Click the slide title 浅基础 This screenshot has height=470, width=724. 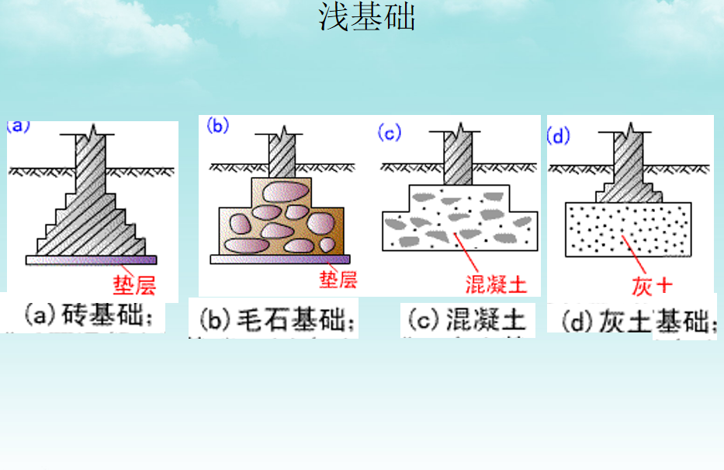click(366, 17)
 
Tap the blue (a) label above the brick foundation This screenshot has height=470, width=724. click(18, 126)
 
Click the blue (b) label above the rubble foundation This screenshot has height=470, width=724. click(218, 126)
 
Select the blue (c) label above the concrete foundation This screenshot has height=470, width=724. click(389, 133)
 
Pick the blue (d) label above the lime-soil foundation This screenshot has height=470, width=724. click(558, 136)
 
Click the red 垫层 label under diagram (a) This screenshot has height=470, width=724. click(134, 286)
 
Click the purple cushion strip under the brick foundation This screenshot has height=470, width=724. click(92, 259)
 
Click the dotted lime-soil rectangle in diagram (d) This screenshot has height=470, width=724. click(628, 229)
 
